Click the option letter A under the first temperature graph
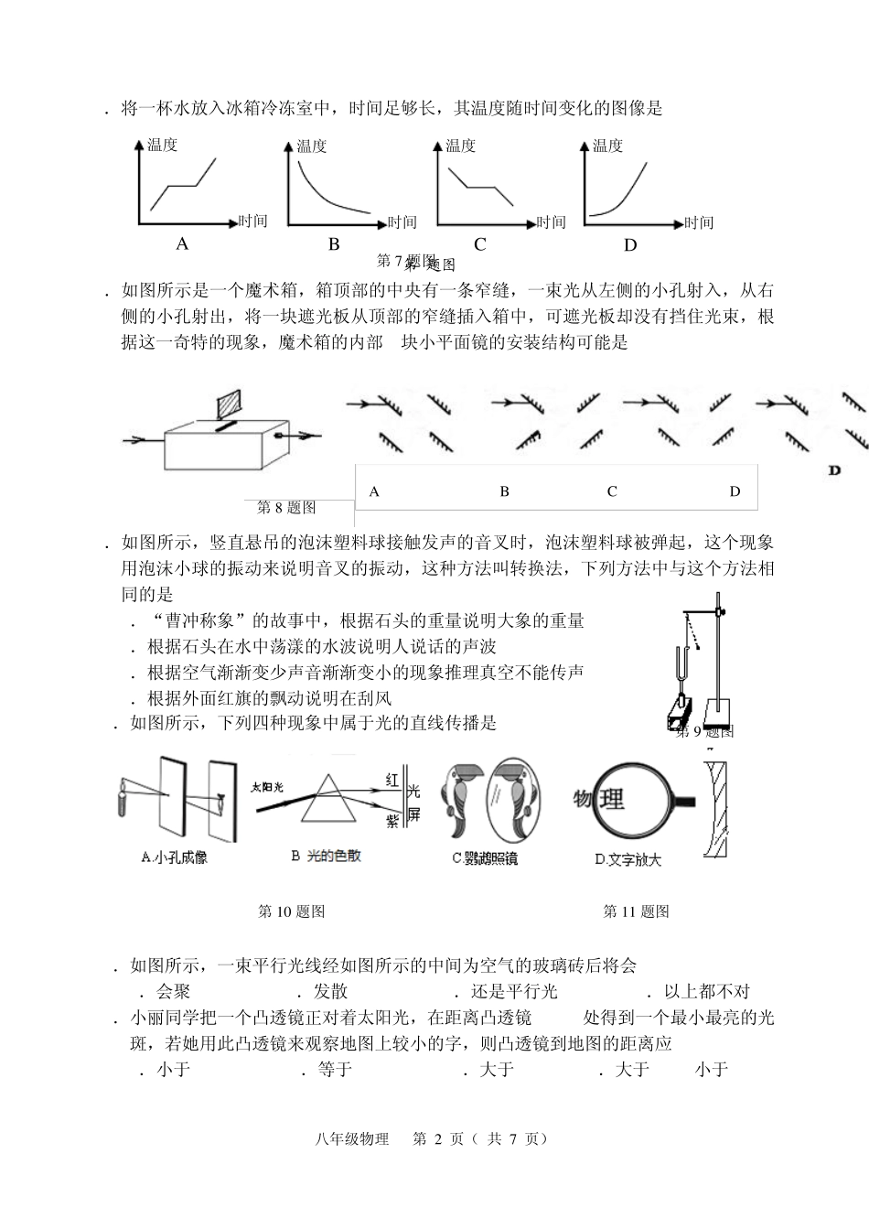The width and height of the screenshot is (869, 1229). (182, 243)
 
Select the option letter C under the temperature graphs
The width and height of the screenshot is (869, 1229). (479, 244)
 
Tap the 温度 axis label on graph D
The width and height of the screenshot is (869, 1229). (607, 146)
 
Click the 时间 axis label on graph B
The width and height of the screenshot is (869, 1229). (402, 222)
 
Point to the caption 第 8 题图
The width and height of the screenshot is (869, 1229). (287, 507)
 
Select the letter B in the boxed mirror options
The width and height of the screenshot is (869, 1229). (504, 491)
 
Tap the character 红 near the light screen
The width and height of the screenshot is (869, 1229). (392, 780)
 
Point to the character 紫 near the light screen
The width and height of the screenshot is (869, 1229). (392, 821)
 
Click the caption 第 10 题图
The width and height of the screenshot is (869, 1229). (292, 911)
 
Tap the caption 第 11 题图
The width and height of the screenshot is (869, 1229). (636, 911)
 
